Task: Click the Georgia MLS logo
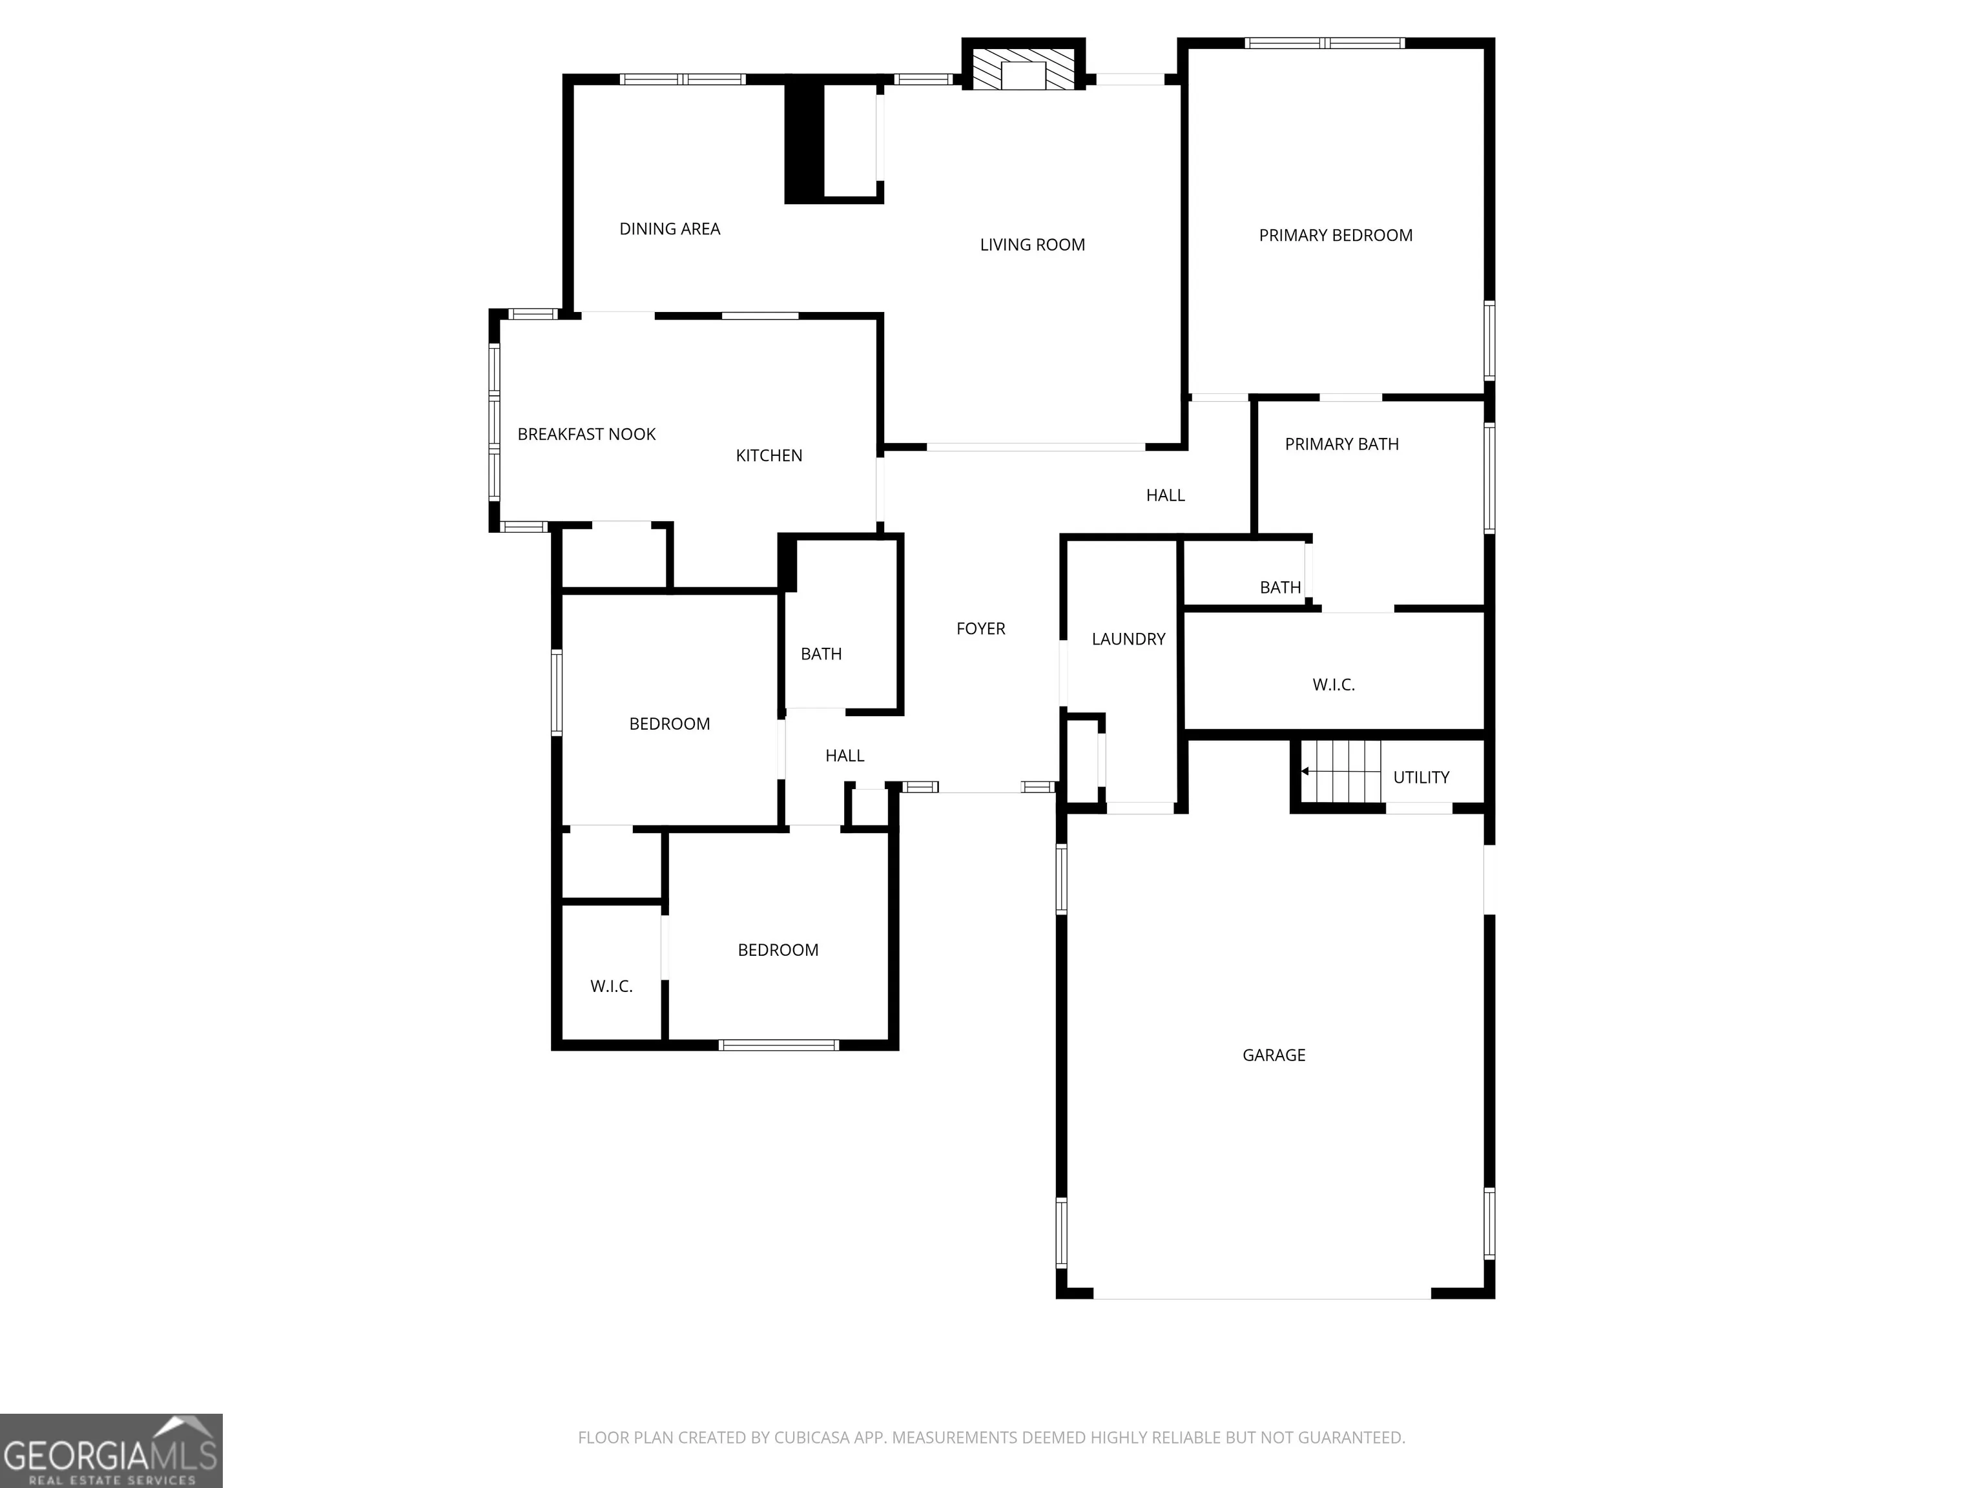click(111, 1451)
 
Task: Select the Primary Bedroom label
click(1336, 236)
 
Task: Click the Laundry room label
click(1128, 639)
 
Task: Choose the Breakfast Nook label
click(586, 434)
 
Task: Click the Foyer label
click(980, 629)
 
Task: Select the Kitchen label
click(769, 456)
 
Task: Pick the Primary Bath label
click(1342, 444)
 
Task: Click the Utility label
click(1421, 778)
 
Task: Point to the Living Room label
click(1032, 245)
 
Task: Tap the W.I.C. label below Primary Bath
click(1334, 685)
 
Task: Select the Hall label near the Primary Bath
click(1165, 495)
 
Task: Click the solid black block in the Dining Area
click(805, 143)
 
